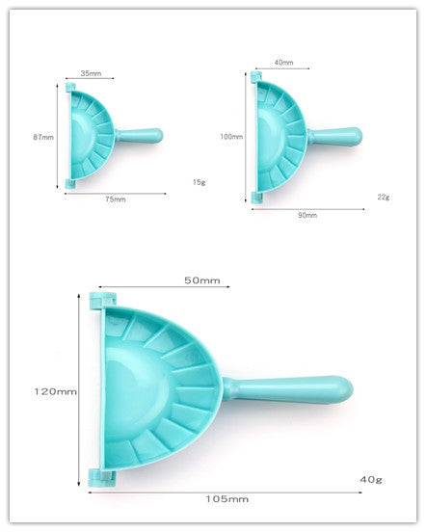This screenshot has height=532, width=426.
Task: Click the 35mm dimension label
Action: pos(91,73)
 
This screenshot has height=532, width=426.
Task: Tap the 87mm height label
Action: pos(42,137)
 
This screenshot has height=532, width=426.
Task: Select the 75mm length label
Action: pos(116,200)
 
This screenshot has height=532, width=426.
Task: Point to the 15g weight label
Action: pos(199,181)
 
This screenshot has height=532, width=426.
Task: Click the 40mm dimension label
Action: pos(283,64)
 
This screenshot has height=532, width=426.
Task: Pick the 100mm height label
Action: pos(231,136)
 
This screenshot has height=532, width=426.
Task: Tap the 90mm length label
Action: pos(307,215)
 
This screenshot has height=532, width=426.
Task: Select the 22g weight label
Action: pos(384,197)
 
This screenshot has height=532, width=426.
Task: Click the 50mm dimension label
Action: pos(202,280)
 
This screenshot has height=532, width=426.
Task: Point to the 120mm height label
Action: pos(55,391)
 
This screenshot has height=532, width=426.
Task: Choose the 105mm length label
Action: pos(226,498)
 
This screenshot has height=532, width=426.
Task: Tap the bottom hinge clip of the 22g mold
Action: pos(256,197)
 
